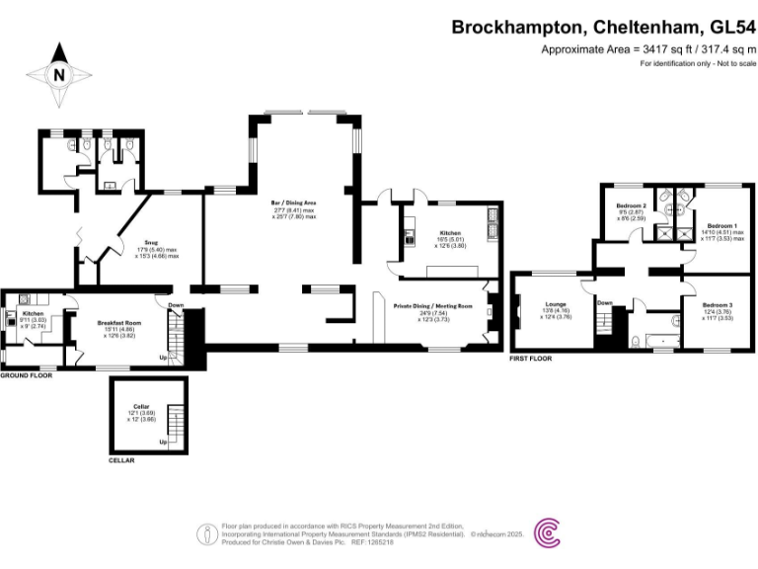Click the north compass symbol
[x=58, y=70]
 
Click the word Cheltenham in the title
[x=624, y=28]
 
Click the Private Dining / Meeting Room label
[x=433, y=307]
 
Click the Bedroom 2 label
[x=632, y=205]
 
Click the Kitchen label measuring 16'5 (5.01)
[x=449, y=234]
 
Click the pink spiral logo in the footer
[x=548, y=533]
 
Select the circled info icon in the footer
[x=206, y=534]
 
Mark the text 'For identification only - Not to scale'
[x=697, y=64]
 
